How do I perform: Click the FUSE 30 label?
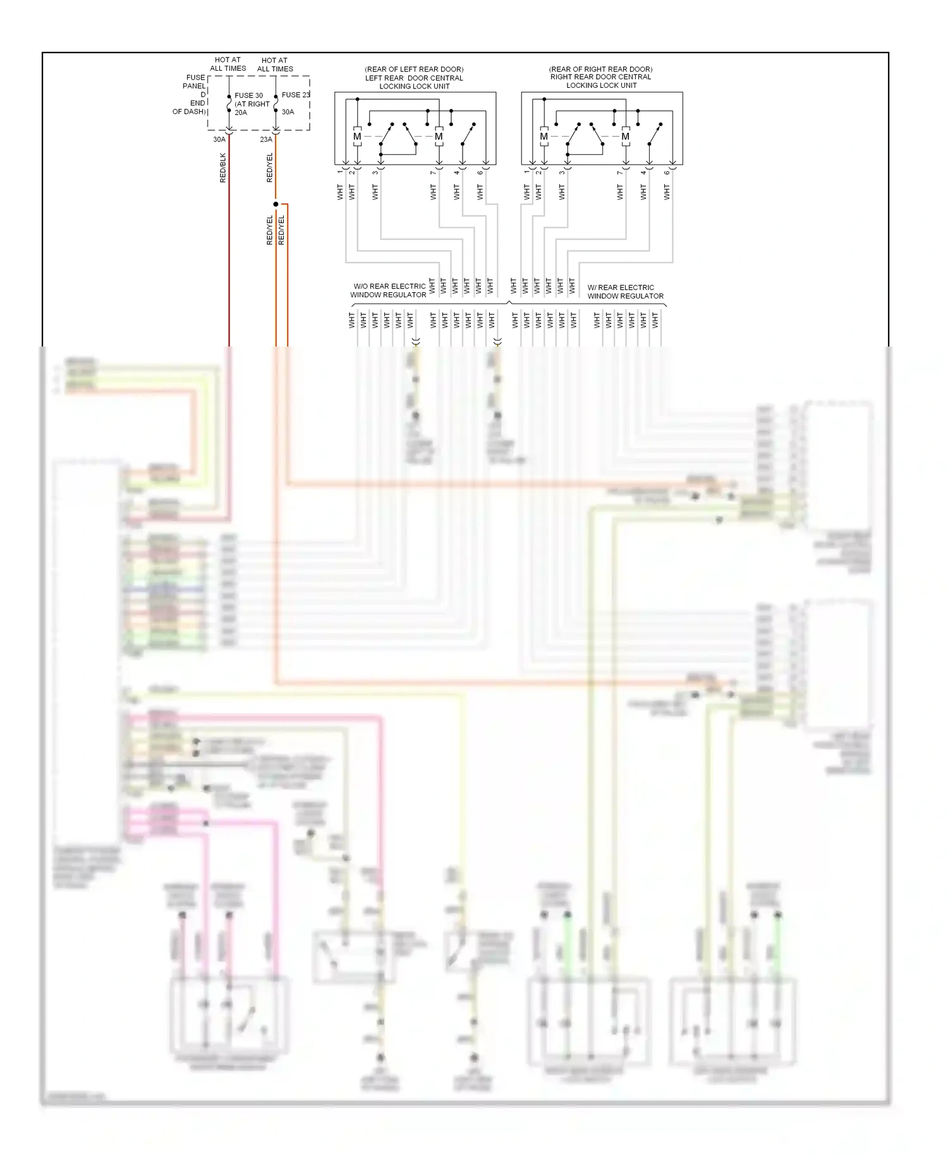[248, 95]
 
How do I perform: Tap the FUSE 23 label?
[295, 95]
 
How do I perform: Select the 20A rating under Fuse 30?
[241, 113]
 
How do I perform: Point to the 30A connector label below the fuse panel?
[219, 140]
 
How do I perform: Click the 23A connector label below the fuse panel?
[266, 140]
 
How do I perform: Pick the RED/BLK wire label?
[222, 168]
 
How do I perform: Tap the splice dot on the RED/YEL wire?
[276, 204]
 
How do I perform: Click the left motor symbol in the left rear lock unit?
[357, 137]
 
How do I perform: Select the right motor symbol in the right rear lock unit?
[625, 137]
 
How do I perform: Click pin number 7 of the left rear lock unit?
[433, 172]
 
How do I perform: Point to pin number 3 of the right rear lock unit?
[562, 172]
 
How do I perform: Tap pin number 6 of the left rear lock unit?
[480, 172]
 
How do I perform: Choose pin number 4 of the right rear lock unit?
[643, 172]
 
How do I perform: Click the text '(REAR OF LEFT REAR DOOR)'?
[414, 69]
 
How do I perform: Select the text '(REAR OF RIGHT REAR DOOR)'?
[600, 69]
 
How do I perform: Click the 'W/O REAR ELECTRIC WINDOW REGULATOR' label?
[389, 290]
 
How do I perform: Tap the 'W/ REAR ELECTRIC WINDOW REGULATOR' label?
[624, 292]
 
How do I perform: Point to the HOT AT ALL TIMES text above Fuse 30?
[228, 64]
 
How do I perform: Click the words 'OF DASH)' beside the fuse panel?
[189, 112]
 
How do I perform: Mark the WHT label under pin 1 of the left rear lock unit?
[340, 192]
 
